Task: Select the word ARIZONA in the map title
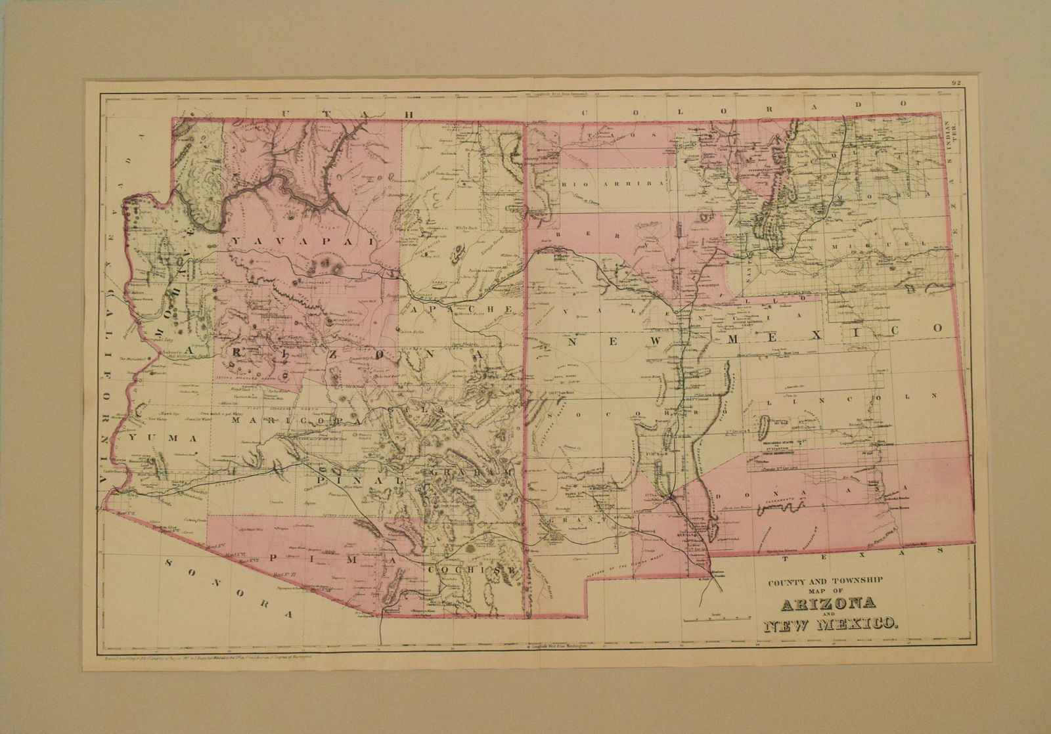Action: pyautogui.click(x=826, y=601)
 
